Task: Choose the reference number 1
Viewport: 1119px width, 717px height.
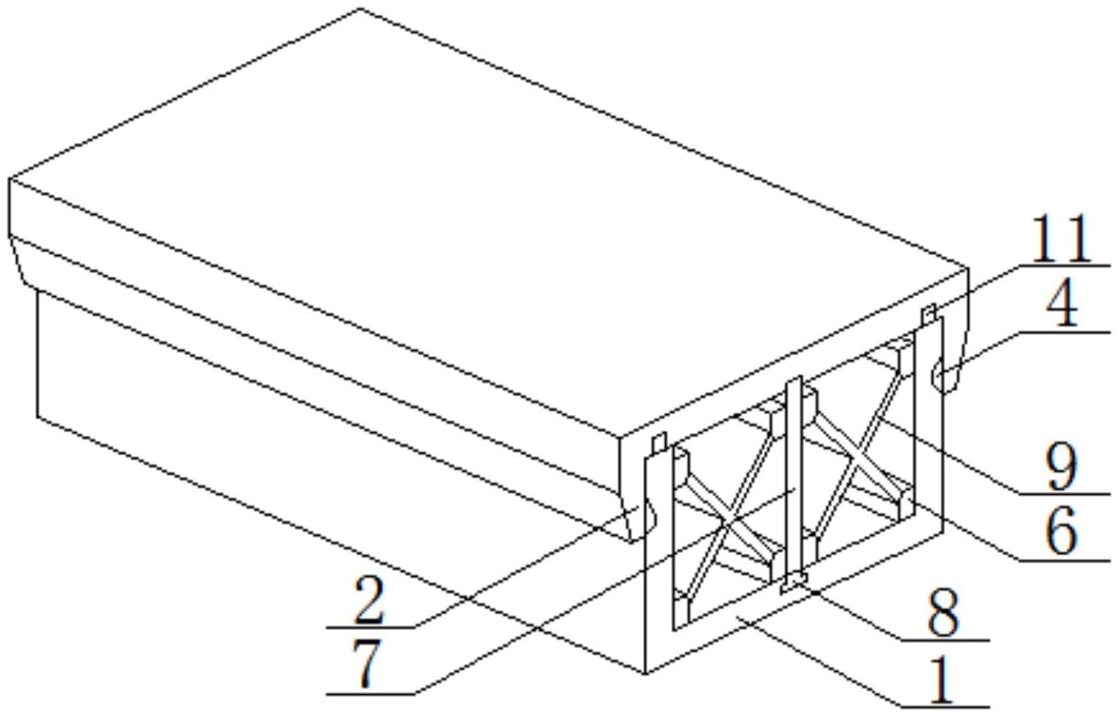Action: [943, 680]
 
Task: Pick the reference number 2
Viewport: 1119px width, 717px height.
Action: [368, 601]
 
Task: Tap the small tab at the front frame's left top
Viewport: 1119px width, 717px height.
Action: [658, 444]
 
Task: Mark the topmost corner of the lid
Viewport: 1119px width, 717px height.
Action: [362, 9]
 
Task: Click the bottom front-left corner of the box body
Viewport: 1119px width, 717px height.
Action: [646, 674]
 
